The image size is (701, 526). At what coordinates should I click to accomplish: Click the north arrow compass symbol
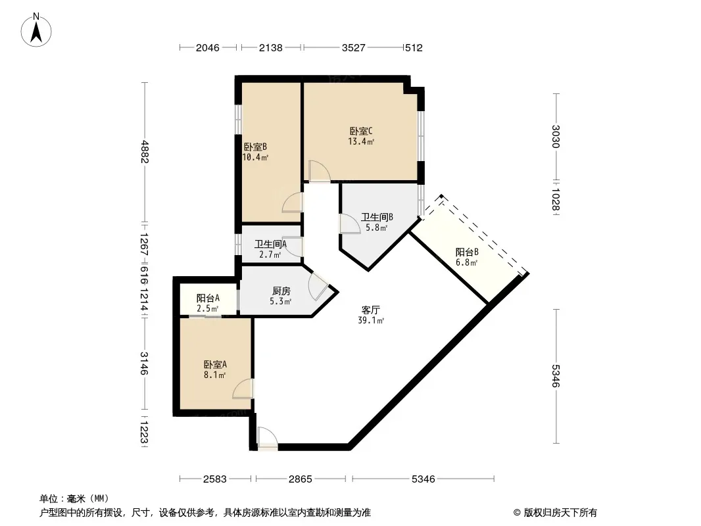tap(36, 30)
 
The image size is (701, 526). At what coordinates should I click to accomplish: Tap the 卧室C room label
tap(361, 131)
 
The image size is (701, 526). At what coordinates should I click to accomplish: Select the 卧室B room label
tap(255, 147)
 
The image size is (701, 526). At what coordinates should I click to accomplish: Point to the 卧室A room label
tap(215, 365)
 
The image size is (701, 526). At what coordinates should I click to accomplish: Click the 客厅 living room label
tap(371, 310)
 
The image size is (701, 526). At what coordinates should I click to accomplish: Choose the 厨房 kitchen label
tap(281, 291)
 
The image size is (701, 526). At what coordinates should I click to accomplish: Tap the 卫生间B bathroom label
tap(377, 217)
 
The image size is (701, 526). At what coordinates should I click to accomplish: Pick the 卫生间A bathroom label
tap(270, 245)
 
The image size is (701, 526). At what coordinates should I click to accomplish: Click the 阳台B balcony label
tap(467, 252)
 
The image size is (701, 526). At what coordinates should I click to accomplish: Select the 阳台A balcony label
tap(208, 298)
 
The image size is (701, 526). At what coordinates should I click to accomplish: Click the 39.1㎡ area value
tap(371, 320)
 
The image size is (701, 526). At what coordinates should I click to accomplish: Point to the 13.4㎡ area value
tap(361, 141)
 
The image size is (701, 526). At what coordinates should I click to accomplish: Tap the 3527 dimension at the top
tap(354, 48)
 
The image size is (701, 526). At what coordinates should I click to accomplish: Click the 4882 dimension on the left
tap(145, 151)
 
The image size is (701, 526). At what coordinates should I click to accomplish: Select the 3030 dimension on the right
tap(556, 136)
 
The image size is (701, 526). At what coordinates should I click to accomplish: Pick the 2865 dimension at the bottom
tap(300, 479)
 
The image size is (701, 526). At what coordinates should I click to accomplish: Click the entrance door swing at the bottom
tap(268, 439)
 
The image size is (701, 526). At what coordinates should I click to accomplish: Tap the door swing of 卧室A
tap(243, 389)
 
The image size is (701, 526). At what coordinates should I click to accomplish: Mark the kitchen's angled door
tap(318, 285)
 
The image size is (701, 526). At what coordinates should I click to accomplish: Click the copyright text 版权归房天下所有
tap(560, 513)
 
